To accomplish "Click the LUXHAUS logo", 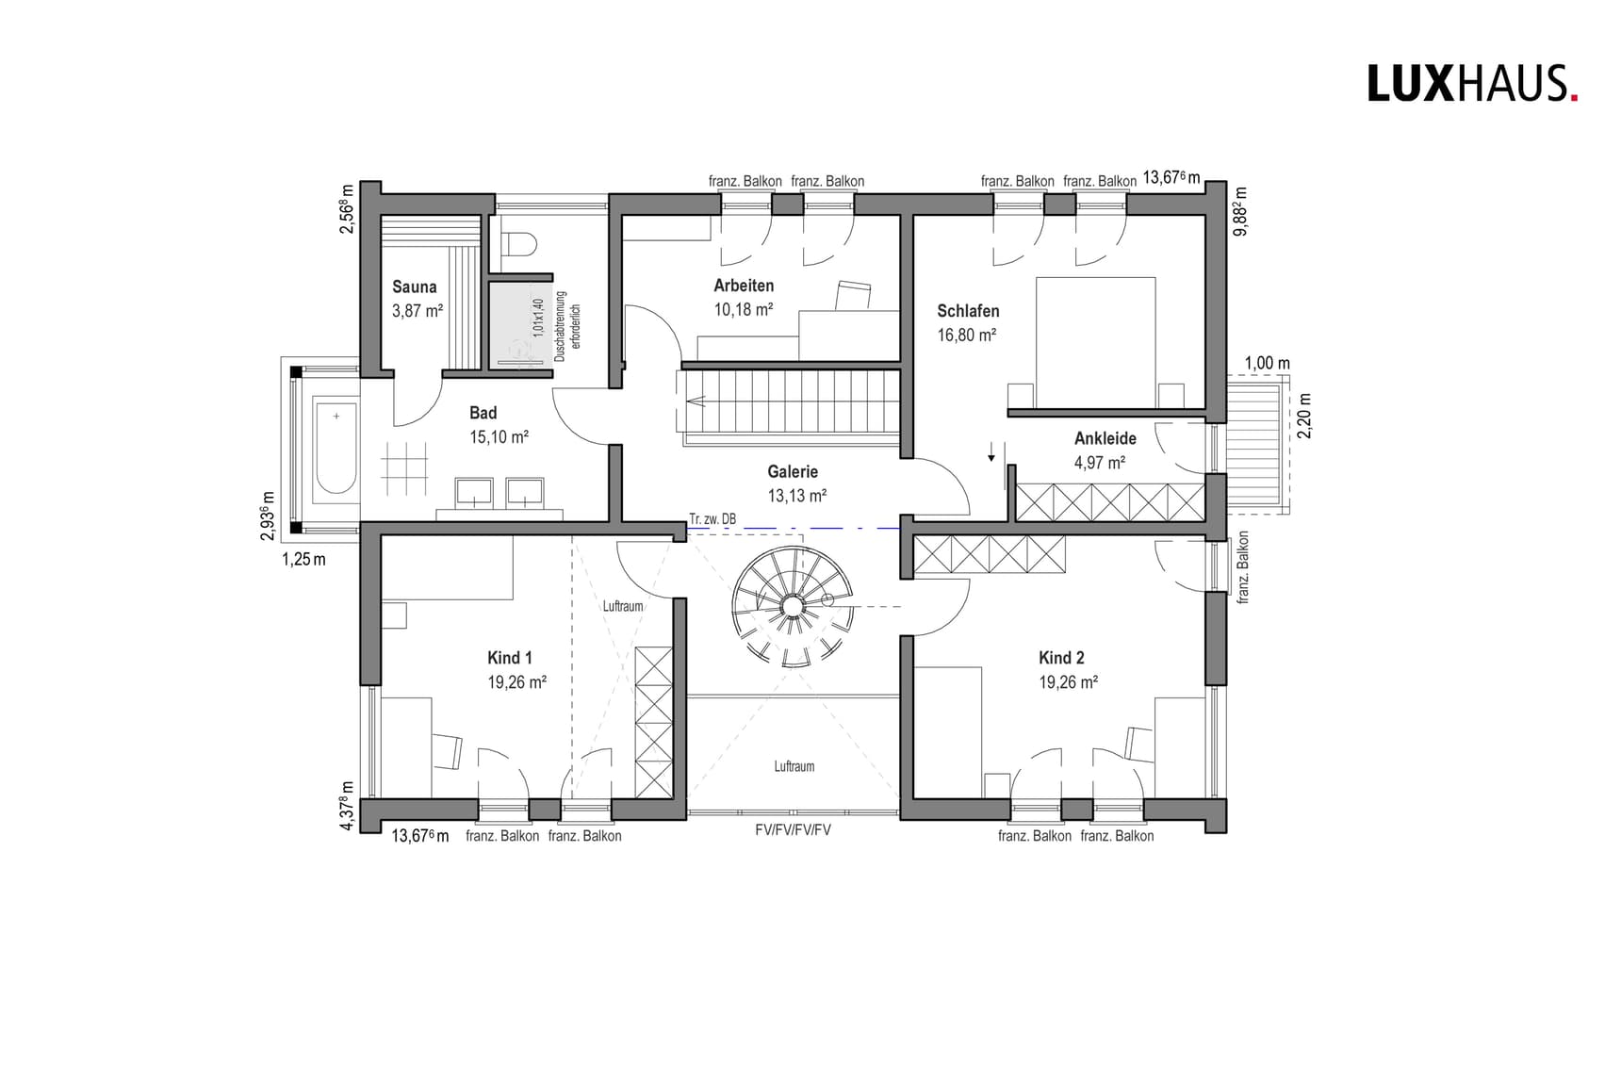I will tap(1471, 84).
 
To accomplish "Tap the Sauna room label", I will tap(415, 287).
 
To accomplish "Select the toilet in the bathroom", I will tap(517, 245).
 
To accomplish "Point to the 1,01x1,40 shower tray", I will tap(519, 322).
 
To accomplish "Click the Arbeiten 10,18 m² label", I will tap(744, 297).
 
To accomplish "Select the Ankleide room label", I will tap(1105, 438).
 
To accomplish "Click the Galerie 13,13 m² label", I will tap(794, 483).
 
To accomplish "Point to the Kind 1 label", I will tap(509, 658).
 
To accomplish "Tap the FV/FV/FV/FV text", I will tap(793, 830).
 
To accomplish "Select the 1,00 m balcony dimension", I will tap(1267, 363).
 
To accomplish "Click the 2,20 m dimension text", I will tap(1304, 416).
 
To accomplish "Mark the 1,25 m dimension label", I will tap(303, 560).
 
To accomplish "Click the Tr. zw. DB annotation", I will tap(712, 519).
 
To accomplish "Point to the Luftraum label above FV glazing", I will tap(794, 766).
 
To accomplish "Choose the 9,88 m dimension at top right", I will tap(1240, 209).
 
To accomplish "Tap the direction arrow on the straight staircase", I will tap(697, 401).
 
